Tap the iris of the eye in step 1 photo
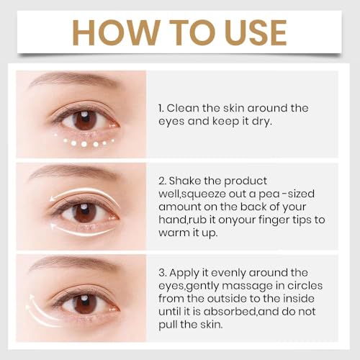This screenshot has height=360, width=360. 84,119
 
